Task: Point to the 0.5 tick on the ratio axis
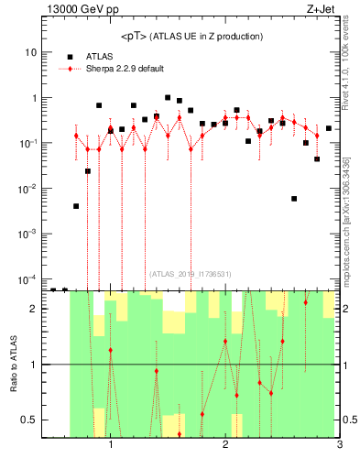tap(30, 420)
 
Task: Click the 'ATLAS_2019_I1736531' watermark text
tap(191, 273)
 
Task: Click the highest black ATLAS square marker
tap(168, 97)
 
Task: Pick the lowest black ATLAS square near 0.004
tap(76, 206)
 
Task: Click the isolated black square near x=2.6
tap(294, 198)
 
